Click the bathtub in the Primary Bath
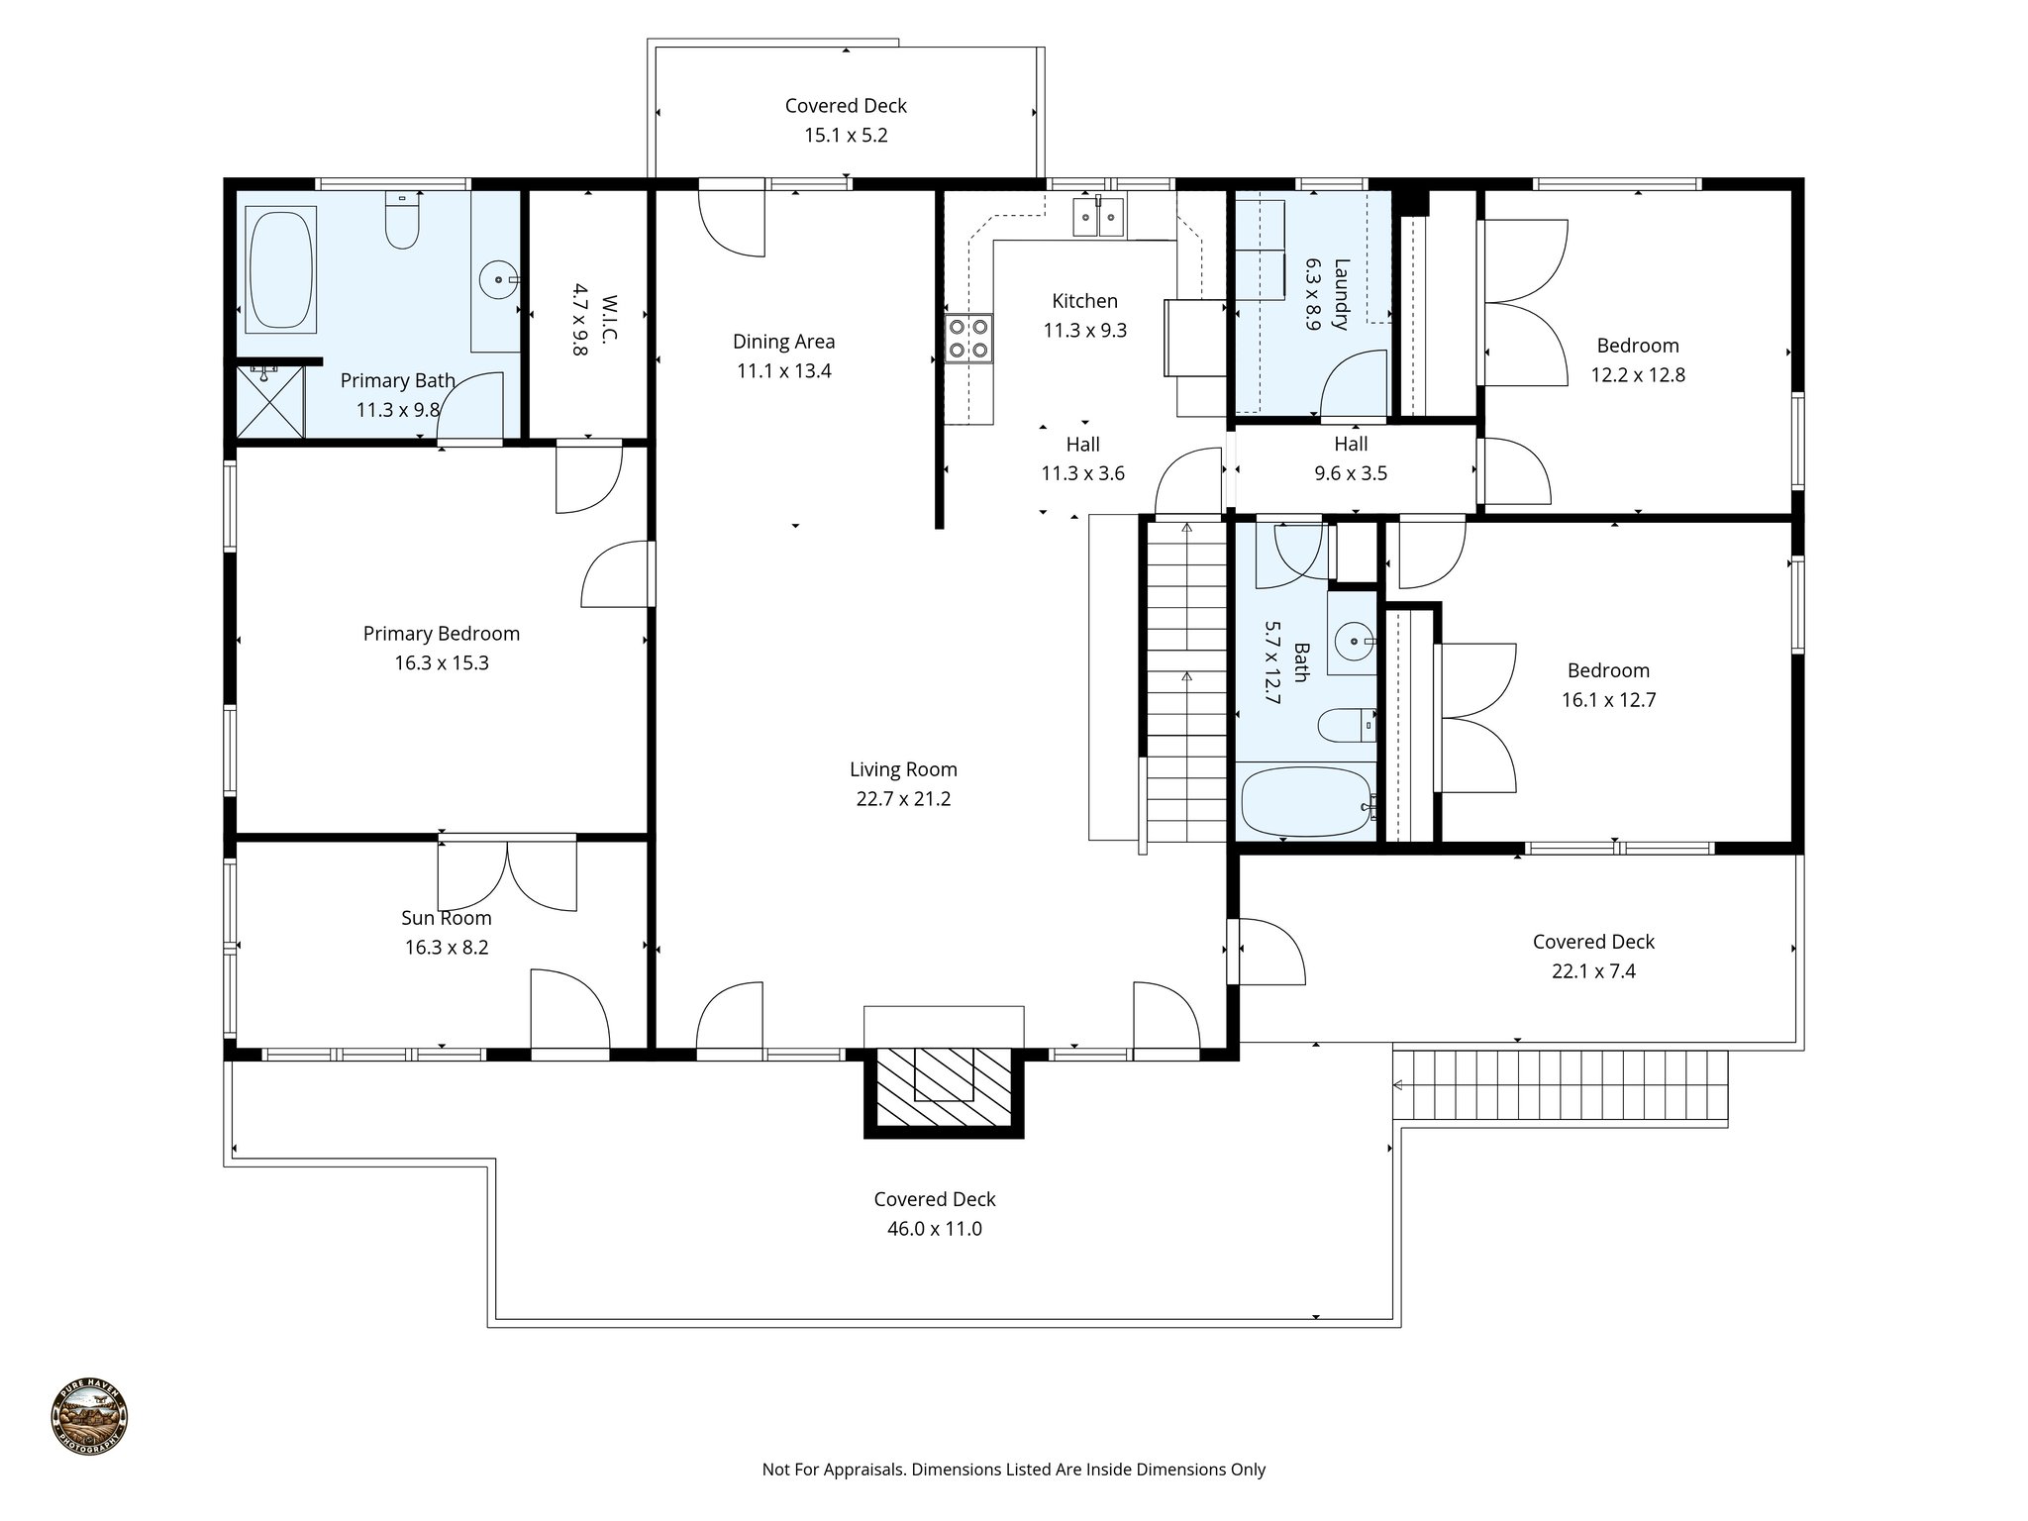(x=281, y=268)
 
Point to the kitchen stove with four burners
(x=968, y=338)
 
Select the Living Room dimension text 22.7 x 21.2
(x=903, y=799)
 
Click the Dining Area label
(x=783, y=342)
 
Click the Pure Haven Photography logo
(x=89, y=1419)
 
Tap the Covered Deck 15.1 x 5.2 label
(x=846, y=106)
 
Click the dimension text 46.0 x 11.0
(x=934, y=1229)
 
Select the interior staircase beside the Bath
(x=1186, y=683)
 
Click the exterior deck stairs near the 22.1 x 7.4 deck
(x=1561, y=1085)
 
